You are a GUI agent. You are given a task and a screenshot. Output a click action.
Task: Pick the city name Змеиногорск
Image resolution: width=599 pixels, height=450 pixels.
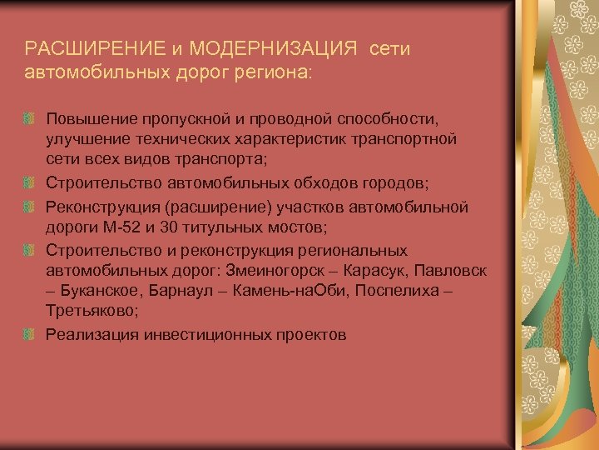(270, 272)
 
